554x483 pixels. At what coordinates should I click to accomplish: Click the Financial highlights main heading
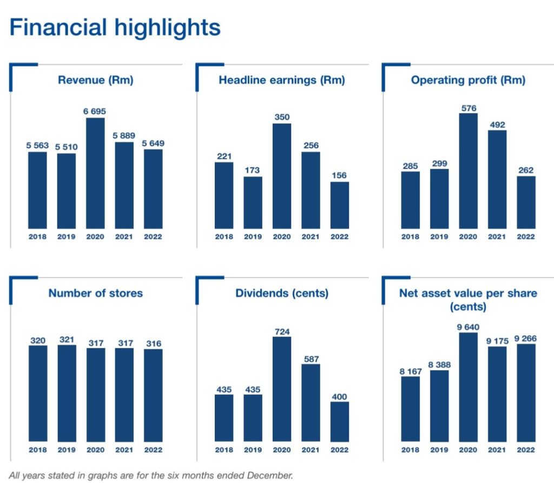pos(115,28)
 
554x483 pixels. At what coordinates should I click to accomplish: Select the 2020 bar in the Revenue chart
pos(95,173)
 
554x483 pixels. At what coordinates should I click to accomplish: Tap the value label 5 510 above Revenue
pos(67,147)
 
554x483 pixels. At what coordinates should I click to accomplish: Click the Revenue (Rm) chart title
pos(96,81)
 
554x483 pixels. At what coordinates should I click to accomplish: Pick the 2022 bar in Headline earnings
pos(340,205)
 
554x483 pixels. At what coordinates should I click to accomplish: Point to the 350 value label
pos(282,117)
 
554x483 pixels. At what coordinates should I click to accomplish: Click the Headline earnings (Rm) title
pos(282,81)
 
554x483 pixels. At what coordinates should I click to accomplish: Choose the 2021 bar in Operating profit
pos(497,179)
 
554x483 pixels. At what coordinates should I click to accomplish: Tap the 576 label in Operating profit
pos(469,108)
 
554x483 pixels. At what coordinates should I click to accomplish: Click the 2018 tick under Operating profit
pos(410,237)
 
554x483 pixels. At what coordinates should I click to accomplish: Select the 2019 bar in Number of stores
pos(67,393)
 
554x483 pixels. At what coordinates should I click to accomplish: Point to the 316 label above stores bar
pos(153,343)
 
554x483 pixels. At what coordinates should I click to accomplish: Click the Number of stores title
pos(96,293)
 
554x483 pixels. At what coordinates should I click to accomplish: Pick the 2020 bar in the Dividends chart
pos(282,389)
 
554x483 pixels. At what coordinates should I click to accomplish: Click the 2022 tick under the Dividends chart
pos(340,450)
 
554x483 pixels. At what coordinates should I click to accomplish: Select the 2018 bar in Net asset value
pos(410,408)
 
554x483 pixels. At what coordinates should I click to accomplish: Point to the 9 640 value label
pos(469,327)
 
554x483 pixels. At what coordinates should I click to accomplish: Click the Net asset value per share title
pos(469,300)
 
